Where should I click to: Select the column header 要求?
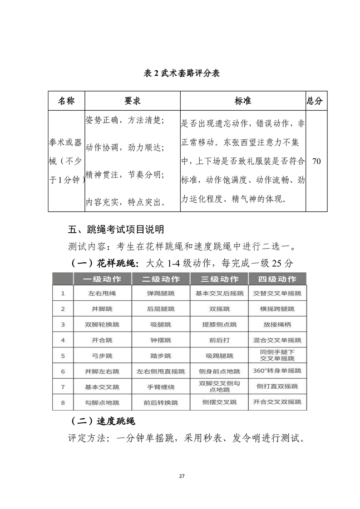(133, 101)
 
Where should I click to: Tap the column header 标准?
(243, 101)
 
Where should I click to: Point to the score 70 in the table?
(316, 161)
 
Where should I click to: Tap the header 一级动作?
(102, 279)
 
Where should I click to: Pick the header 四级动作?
(277, 279)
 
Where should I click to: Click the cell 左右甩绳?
(102, 294)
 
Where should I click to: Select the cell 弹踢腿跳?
(161, 294)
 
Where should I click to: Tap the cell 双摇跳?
(219, 309)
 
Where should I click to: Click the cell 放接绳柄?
(277, 324)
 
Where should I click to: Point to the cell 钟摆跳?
(161, 340)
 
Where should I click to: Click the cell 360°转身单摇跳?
(277, 371)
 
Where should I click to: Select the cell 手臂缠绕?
(161, 387)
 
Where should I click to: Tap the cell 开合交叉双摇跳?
(277, 402)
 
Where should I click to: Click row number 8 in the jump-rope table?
(63, 402)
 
